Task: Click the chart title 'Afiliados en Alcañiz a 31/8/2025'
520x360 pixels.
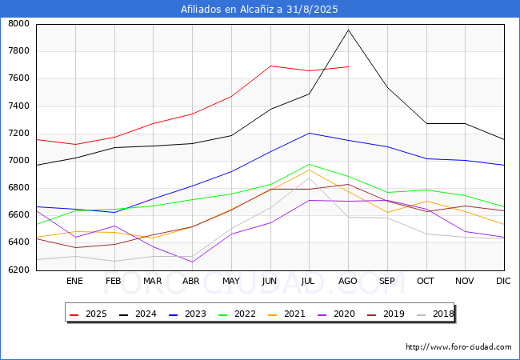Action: (259, 9)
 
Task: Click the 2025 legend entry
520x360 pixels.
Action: (89, 314)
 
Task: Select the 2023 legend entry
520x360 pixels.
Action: (188, 314)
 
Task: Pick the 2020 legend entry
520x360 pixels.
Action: (337, 314)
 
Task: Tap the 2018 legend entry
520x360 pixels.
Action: (435, 314)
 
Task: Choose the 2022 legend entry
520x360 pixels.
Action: (238, 314)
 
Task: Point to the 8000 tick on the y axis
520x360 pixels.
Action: (18, 23)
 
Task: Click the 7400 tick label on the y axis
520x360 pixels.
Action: (18, 106)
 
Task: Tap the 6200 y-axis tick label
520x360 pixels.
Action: (18, 270)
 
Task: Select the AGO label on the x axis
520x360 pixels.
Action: (347, 281)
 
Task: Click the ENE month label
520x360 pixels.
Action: (74, 281)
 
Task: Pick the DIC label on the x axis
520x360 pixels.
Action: (503, 281)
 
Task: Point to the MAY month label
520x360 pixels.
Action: (231, 281)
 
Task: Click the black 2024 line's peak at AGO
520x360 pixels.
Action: (348, 30)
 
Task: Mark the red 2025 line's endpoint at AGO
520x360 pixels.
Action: (348, 66)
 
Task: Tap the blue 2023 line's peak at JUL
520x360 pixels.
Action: (310, 134)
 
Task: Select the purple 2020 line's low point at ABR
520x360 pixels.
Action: (192, 262)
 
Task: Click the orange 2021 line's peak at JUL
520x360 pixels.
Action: (310, 170)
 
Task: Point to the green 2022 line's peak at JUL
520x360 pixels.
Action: (310, 165)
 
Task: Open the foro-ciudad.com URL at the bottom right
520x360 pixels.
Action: (458, 347)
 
